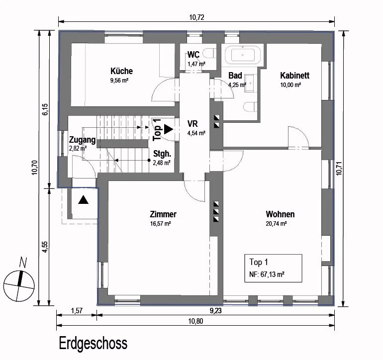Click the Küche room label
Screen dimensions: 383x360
point(122,71)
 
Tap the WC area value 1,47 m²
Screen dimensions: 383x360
point(196,64)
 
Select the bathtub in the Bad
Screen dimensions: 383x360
point(243,55)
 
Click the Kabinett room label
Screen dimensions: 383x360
point(294,76)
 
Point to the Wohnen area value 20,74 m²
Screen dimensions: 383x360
point(276,223)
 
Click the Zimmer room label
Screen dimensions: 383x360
point(163,214)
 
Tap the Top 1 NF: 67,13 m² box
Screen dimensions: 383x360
point(274,268)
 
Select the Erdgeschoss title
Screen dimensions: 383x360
point(93,344)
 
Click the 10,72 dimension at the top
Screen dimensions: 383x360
point(196,17)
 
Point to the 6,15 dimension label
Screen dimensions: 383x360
point(45,109)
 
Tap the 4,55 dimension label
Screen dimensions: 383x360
point(45,247)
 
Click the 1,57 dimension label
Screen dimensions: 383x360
point(77,311)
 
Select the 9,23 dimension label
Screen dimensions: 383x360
point(216,311)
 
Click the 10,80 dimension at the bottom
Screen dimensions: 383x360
point(195,321)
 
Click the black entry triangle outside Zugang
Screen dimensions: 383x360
point(83,200)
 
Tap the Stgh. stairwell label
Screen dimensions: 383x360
point(162,154)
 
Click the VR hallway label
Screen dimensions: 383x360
point(192,124)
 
